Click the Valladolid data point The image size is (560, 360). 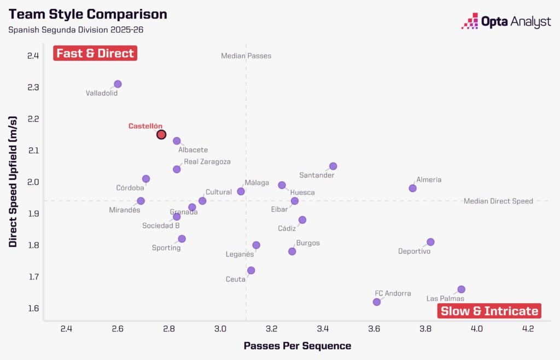(118, 84)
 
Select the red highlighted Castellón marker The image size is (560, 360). (161, 135)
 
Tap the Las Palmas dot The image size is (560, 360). (461, 289)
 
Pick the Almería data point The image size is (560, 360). (413, 188)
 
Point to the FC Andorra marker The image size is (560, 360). (377, 302)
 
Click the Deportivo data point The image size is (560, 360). (430, 242)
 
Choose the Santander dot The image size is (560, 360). (333, 166)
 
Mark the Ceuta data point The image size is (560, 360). (251, 270)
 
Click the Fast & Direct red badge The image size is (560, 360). (95, 53)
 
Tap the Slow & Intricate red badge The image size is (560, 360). (489, 311)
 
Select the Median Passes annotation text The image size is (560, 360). (246, 56)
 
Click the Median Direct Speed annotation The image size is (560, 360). (498, 201)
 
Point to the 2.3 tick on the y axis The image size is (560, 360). (33, 88)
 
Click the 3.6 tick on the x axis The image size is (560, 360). (374, 328)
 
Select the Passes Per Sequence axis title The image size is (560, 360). (297, 346)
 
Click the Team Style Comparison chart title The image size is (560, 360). (88, 14)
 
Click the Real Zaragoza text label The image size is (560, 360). (207, 162)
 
